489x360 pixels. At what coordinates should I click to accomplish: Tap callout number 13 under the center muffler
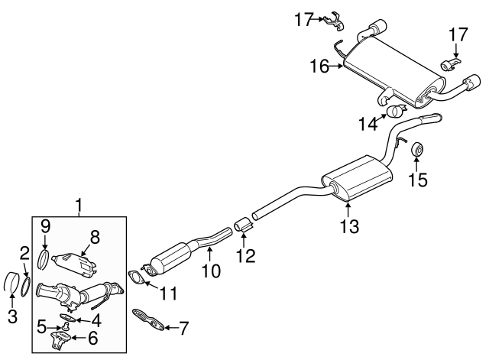tap(348, 225)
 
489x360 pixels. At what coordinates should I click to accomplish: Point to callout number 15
tap(418, 180)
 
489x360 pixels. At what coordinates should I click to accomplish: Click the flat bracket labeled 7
tap(151, 320)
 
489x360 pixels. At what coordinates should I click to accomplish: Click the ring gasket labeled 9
tap(44, 257)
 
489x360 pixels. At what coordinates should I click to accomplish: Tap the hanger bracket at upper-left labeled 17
tap(330, 20)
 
